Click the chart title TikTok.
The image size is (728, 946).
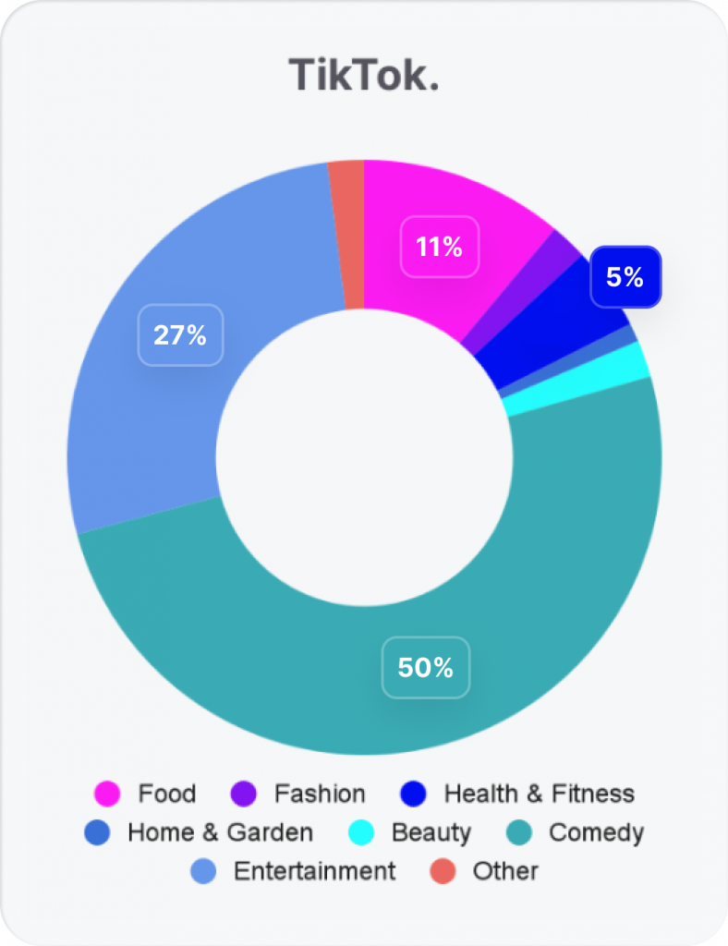pyautogui.click(x=363, y=74)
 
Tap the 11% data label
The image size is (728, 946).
pyautogui.click(x=439, y=247)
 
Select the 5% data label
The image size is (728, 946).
pyautogui.click(x=625, y=276)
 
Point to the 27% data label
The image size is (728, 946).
pyautogui.click(x=180, y=334)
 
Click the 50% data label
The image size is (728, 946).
pyautogui.click(x=425, y=667)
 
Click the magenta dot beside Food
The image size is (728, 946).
pyautogui.click(x=108, y=794)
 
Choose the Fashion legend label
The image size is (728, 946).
pyautogui.click(x=320, y=794)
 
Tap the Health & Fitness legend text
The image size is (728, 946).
pyautogui.click(x=540, y=794)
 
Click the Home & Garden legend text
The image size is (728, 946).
pyautogui.click(x=220, y=832)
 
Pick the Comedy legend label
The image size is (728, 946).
pyautogui.click(x=596, y=832)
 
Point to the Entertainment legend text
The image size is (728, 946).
pyautogui.click(x=314, y=871)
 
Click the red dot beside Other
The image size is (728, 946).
pyautogui.click(x=443, y=871)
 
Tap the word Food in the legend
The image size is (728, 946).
pyautogui.click(x=167, y=794)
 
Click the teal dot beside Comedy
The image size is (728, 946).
pyautogui.click(x=519, y=832)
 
